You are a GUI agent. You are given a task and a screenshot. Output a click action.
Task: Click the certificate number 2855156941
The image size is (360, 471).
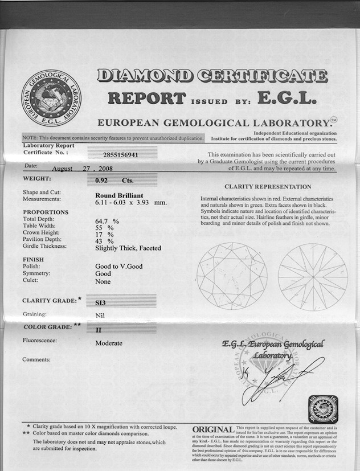click(x=121, y=154)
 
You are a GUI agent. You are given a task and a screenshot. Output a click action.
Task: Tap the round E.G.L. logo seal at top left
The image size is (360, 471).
click(x=51, y=97)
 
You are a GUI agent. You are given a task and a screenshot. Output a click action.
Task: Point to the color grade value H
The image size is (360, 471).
click(x=98, y=330)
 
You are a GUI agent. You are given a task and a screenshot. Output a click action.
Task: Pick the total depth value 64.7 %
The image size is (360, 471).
click(x=107, y=220)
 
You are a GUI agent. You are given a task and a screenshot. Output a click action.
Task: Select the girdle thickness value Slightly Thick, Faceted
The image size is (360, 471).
click(x=128, y=248)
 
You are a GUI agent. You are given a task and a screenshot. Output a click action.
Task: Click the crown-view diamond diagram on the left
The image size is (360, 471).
click(x=232, y=277)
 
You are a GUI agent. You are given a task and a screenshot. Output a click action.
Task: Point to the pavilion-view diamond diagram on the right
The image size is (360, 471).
click(x=313, y=277)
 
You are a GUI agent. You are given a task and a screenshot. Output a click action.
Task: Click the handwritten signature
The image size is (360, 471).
click(x=279, y=379)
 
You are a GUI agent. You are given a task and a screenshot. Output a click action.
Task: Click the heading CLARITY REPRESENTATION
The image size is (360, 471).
click(x=268, y=186)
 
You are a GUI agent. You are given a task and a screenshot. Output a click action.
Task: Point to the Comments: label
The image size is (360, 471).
click(x=36, y=359)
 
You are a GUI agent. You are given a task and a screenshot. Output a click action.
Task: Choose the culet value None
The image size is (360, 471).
click(x=103, y=281)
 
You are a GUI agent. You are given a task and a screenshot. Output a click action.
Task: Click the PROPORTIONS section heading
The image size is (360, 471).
click(x=45, y=212)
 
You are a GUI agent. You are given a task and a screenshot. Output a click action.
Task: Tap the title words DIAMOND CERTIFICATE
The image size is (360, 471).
click(x=212, y=75)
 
